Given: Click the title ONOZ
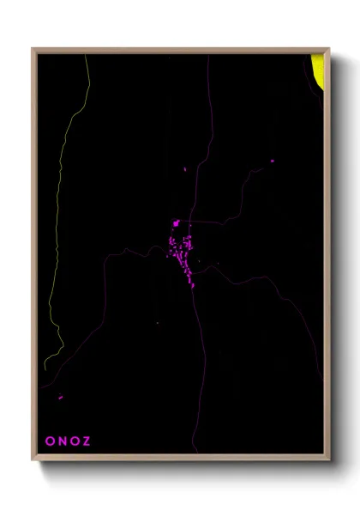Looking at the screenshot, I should pos(68,441).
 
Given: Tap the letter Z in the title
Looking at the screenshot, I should pos(87,441).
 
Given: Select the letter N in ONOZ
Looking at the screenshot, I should pos(62,441).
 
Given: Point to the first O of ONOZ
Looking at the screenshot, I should pos(49,441).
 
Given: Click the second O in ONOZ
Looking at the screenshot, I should pos(75,441).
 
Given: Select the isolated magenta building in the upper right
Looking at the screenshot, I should pos(272,161).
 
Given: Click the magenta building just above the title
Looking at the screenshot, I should pos(60,397).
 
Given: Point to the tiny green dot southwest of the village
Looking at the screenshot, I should pos(158,323).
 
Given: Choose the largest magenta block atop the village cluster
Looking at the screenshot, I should pos(177,223).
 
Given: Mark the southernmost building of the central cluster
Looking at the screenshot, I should pos(192,286).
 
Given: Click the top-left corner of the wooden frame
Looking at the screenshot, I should pos(33,49).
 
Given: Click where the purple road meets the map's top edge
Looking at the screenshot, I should pos(208,56).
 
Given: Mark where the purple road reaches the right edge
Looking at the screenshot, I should pos(322,378).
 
